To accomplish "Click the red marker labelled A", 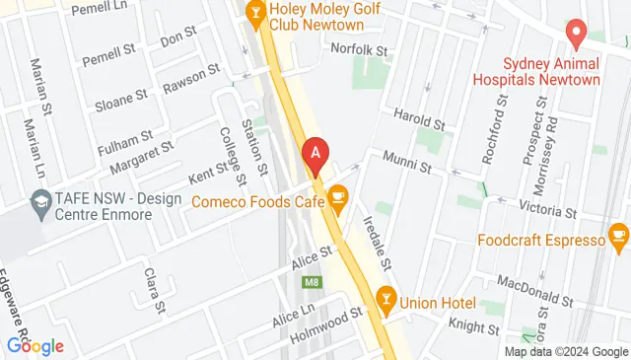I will coord(315,155).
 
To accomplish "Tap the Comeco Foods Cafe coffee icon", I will coord(338,199).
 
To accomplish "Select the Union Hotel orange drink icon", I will coord(386,297).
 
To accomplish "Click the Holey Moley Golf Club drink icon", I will coord(255,12).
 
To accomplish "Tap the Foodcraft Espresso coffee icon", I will coord(618,236).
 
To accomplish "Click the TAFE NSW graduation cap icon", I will coord(40,204).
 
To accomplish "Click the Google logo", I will coord(35,346).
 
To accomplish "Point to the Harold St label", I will coord(419,118).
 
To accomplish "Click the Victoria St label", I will coord(549,211).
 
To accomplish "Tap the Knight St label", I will coord(478,326).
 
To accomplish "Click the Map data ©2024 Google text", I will coord(566,351).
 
